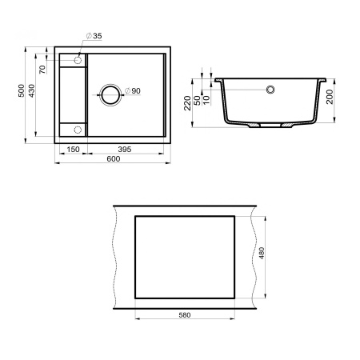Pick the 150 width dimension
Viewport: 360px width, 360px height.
[71, 149]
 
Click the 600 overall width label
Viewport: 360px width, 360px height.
[112, 160]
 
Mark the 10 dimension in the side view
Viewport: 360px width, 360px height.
[206, 98]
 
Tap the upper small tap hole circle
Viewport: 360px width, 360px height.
[79, 60]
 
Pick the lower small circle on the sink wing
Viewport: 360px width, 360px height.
[78, 129]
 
